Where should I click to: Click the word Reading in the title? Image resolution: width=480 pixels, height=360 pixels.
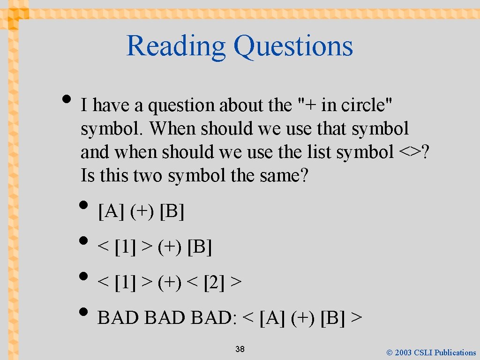point(176,46)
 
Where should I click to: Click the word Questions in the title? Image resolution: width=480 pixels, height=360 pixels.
point(293,46)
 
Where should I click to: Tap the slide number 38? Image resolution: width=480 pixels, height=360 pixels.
point(240,349)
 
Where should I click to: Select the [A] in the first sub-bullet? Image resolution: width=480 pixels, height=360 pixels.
point(111,212)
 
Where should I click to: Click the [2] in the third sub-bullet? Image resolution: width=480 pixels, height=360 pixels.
point(214,283)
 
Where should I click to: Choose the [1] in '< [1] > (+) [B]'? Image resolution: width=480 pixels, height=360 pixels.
point(125,247)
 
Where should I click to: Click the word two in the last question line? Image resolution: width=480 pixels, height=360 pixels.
point(149,176)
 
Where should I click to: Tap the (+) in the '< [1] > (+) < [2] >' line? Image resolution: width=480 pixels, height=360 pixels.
point(170,283)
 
